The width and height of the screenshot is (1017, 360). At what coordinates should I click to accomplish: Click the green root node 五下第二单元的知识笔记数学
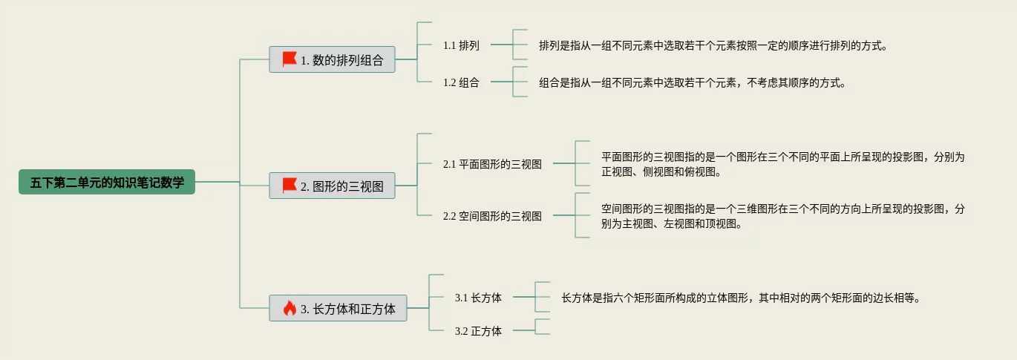pyautogui.click(x=107, y=182)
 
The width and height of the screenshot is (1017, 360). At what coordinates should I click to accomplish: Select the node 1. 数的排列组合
pyautogui.click(x=332, y=59)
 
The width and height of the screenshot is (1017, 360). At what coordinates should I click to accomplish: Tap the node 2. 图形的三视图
pyautogui.click(x=332, y=186)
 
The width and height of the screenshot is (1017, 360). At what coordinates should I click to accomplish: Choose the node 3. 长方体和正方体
pyautogui.click(x=338, y=308)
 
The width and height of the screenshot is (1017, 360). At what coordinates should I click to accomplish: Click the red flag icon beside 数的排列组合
pyautogui.click(x=290, y=59)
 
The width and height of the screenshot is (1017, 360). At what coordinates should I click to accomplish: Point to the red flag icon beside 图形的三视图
pyautogui.click(x=290, y=186)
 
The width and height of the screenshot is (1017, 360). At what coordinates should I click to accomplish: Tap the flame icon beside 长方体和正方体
pyautogui.click(x=290, y=308)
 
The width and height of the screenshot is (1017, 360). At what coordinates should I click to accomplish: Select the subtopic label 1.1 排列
pyautogui.click(x=461, y=45)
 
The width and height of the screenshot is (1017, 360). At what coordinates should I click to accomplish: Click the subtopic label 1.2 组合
pyautogui.click(x=461, y=82)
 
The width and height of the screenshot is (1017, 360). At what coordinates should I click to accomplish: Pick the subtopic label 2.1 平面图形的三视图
pyautogui.click(x=492, y=164)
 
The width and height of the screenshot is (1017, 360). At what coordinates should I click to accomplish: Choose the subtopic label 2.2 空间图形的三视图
pyautogui.click(x=492, y=216)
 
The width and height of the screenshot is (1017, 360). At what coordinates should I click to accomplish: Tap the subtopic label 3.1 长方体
pyautogui.click(x=478, y=298)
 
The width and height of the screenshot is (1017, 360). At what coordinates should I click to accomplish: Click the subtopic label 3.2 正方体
pyautogui.click(x=478, y=331)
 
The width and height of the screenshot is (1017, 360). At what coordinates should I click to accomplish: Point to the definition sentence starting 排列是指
pyautogui.click(x=713, y=45)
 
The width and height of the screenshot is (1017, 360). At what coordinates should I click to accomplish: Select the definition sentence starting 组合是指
pyautogui.click(x=693, y=82)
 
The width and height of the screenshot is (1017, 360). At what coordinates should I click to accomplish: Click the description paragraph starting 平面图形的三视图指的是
pyautogui.click(x=782, y=164)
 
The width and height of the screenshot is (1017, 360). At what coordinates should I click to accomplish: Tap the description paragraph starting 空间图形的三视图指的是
pyautogui.click(x=782, y=216)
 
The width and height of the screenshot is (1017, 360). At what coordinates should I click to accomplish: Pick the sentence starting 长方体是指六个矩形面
pyautogui.click(x=741, y=298)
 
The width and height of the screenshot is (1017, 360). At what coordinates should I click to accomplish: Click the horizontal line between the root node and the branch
pyautogui.click(x=218, y=182)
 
